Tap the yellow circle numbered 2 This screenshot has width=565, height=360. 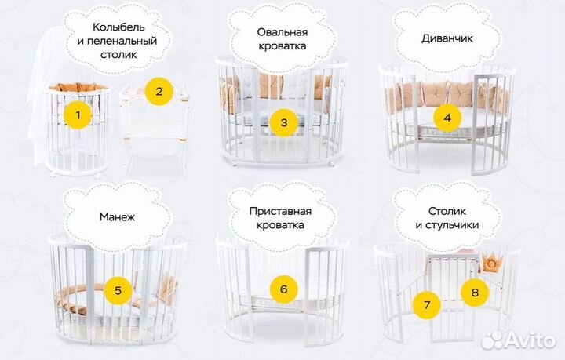[x=159, y=91]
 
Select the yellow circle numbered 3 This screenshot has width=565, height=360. [x=283, y=122]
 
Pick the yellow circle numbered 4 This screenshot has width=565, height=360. [x=447, y=118]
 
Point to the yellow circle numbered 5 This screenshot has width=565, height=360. [x=118, y=290]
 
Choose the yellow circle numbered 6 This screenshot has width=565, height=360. [x=283, y=289]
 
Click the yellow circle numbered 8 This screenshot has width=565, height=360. [x=474, y=293]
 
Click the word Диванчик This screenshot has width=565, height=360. [x=447, y=37]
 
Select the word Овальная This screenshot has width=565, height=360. [x=282, y=32]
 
